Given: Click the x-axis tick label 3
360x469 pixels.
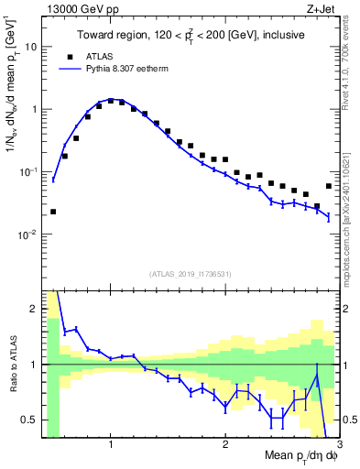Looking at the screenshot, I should coord(339,444).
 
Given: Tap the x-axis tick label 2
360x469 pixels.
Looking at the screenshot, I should coord(225,444).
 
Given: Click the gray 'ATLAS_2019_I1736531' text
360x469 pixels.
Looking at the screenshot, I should coord(190,274).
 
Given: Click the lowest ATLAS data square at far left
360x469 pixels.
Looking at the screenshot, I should coord(53,212).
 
